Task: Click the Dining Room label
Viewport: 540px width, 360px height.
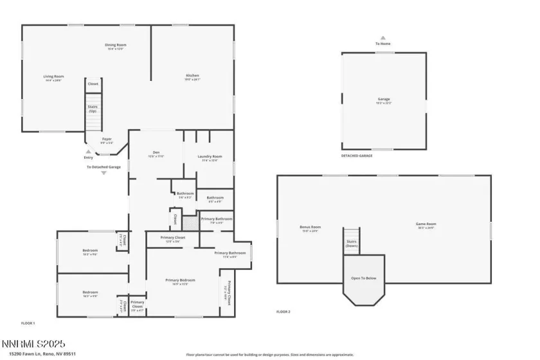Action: pyautogui.click(x=116, y=45)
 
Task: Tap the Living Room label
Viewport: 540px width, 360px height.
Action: pyautogui.click(x=53, y=77)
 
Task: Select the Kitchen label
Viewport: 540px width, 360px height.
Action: pyautogui.click(x=192, y=77)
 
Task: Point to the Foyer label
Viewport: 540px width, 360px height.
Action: pyautogui.click(x=107, y=140)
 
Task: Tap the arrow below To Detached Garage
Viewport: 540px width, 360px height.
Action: pyautogui.click(x=104, y=173)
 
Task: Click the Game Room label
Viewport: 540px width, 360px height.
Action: pyautogui.click(x=426, y=226)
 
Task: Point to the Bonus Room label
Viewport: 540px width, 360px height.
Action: pyautogui.click(x=310, y=227)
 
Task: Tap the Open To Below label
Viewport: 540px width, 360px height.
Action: pyautogui.click(x=364, y=278)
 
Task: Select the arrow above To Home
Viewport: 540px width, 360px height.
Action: pyautogui.click(x=382, y=38)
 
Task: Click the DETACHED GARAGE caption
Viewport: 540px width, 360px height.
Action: pyautogui.click(x=357, y=156)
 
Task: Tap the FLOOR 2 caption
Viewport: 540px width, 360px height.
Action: pyautogui.click(x=283, y=311)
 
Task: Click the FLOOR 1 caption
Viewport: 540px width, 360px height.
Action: pyautogui.click(x=28, y=323)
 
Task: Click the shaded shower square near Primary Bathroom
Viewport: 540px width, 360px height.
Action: pyautogui.click(x=190, y=223)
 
